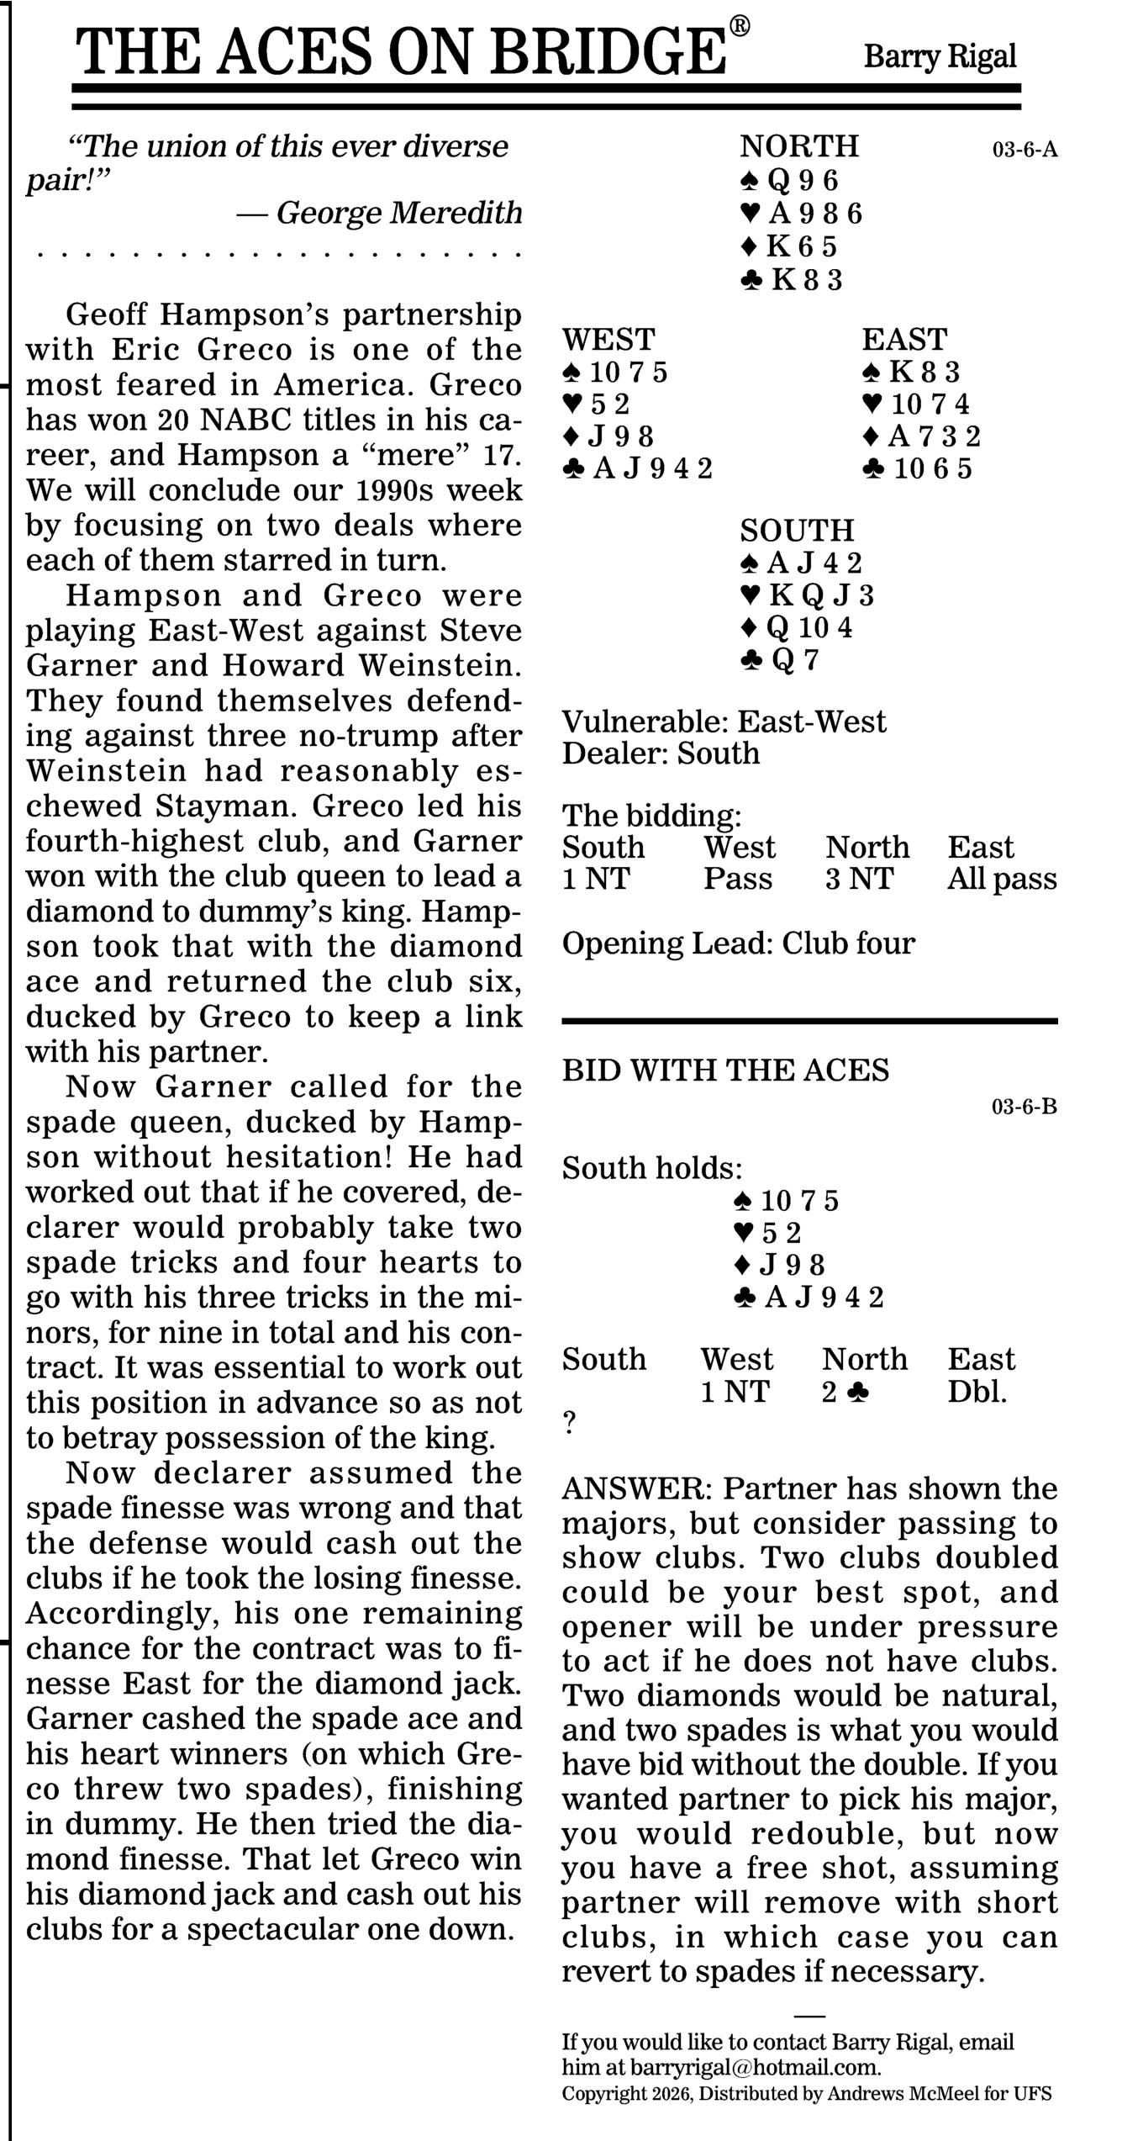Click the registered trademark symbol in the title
coord(739,26)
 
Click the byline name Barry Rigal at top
coord(940,57)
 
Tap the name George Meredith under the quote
coord(399,213)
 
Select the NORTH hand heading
coord(798,146)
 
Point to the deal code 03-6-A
coord(1025,151)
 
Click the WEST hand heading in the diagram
coord(608,340)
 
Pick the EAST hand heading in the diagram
coord(904,340)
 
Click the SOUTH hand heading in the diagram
coord(797,531)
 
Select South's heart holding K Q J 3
coord(808,595)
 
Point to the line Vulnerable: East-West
coord(724,722)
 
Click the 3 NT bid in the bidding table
coord(859,879)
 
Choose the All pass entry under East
coord(1002,879)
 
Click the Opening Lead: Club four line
coord(738,944)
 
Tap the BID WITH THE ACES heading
coord(725,1070)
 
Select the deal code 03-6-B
coord(1024,1107)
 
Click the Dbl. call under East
coord(977,1392)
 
